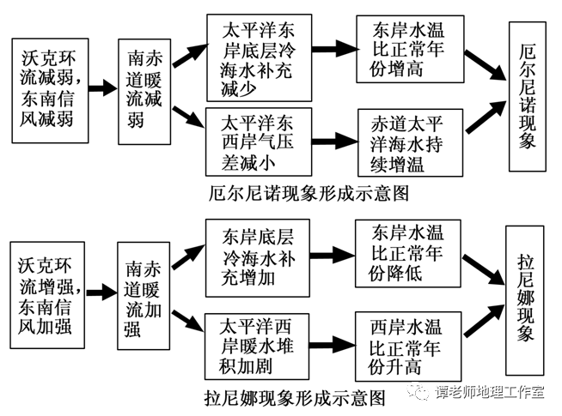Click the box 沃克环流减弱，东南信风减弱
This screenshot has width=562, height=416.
[x=50, y=91]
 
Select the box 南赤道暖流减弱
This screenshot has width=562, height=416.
[x=144, y=92]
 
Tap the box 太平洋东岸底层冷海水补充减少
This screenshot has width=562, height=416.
[x=260, y=58]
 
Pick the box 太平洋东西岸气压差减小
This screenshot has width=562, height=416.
[x=259, y=142]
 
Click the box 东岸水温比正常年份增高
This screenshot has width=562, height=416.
[x=410, y=49]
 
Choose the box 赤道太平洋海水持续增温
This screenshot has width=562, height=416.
[x=411, y=143]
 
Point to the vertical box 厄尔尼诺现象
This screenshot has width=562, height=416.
[x=528, y=97]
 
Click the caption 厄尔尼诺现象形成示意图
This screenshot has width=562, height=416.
[x=309, y=194]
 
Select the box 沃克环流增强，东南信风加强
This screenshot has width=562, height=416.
[x=47, y=295]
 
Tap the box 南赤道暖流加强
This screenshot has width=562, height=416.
[x=144, y=296]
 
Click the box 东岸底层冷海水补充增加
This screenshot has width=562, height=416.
[x=258, y=258]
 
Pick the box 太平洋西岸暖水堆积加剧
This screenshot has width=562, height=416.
[x=257, y=347]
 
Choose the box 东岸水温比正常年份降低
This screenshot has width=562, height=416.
[x=408, y=254]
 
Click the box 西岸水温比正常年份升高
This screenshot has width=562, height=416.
[x=408, y=347]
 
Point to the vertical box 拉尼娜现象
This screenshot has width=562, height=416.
[x=525, y=300]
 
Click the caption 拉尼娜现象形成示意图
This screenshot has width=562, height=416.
[x=296, y=398]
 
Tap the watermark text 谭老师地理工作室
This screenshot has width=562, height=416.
[x=489, y=392]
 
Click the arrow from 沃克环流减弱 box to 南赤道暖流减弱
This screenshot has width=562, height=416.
[x=103, y=87]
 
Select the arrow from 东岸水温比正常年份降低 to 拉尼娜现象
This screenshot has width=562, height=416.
[x=484, y=270]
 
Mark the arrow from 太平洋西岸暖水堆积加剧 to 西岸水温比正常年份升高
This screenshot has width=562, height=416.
[x=333, y=345]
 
